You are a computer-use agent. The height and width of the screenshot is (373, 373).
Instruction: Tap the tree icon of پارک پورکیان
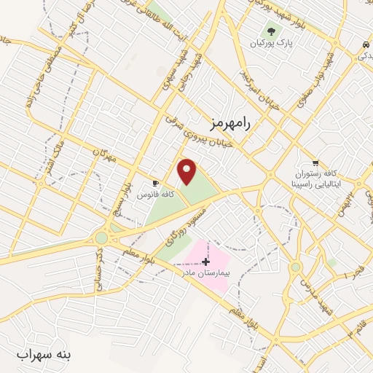[271, 31]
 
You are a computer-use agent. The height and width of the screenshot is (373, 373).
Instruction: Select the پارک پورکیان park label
[278, 44]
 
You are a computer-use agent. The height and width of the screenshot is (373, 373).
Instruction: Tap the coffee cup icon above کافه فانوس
[154, 184]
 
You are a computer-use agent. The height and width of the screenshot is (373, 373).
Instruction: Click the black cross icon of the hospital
[206, 261]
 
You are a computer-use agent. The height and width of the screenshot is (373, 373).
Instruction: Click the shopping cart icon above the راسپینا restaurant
[315, 162]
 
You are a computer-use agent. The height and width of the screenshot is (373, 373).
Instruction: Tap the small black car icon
[363, 45]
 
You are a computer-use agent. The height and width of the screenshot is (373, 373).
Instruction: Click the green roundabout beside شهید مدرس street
[295, 267]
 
